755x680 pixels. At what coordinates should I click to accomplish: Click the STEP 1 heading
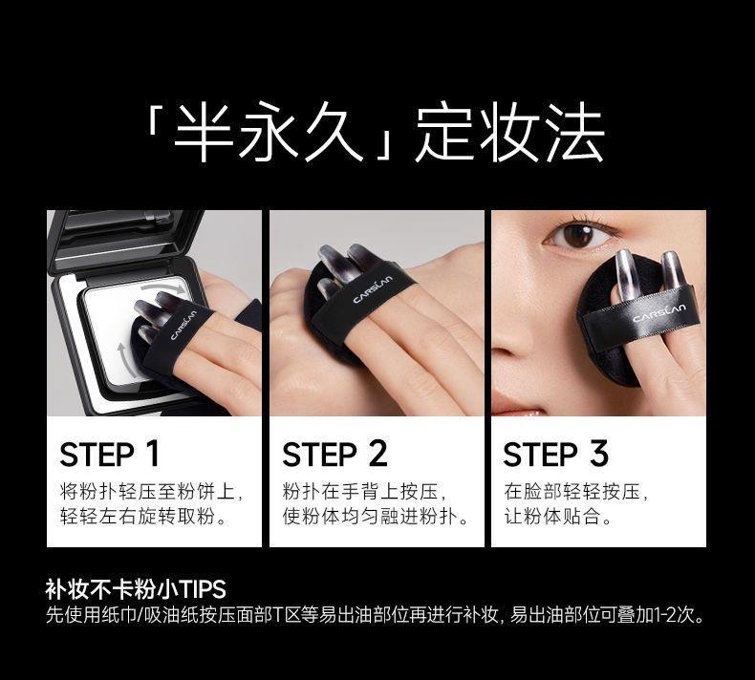[x=109, y=454]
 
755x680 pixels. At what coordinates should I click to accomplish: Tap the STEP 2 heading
[x=334, y=454]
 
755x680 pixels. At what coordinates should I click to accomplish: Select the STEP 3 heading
[x=555, y=454]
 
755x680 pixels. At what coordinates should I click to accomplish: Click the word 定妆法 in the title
[x=509, y=133]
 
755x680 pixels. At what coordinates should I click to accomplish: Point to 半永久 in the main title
[x=268, y=133]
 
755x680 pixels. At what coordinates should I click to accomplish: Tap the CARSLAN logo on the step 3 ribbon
[x=659, y=313]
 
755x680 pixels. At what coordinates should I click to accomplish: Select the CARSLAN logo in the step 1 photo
[x=183, y=326]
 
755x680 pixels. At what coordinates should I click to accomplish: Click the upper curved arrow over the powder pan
[x=163, y=287]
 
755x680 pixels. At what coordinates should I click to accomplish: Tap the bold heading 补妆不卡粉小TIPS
[x=136, y=589]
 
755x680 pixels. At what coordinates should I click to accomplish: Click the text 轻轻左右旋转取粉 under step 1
[x=143, y=517]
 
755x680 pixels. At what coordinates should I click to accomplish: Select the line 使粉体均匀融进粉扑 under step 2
[x=375, y=517]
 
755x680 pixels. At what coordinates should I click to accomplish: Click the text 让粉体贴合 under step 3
[x=557, y=517]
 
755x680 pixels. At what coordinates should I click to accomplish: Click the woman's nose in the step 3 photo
[x=509, y=337]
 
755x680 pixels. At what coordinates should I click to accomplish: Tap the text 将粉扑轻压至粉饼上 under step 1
[x=152, y=492]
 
